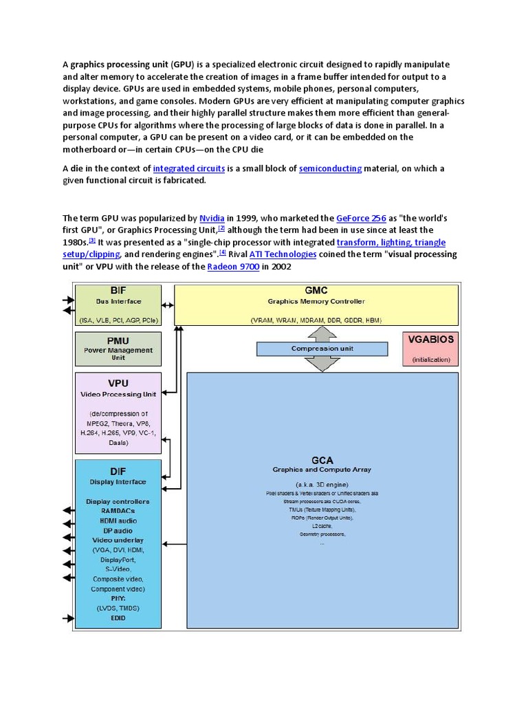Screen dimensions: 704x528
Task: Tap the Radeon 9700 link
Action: tap(233, 267)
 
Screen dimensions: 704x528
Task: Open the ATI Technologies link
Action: tap(283, 254)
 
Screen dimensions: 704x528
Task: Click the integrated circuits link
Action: tap(188, 168)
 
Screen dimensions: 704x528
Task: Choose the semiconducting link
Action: tap(330, 168)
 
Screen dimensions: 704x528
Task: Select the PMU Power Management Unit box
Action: tap(118, 349)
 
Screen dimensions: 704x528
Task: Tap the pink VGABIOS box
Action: tap(431, 348)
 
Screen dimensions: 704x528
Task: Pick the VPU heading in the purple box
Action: tap(118, 383)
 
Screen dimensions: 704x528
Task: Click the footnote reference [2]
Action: tap(221, 228)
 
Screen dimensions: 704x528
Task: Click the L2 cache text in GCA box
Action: tap(322, 525)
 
